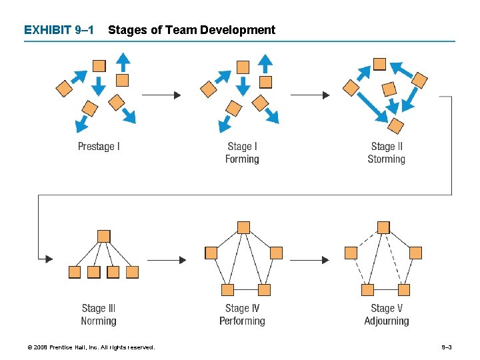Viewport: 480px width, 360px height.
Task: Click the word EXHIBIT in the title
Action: (x=47, y=30)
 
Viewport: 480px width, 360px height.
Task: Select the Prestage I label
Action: (x=99, y=147)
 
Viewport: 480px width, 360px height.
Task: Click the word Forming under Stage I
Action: (x=242, y=159)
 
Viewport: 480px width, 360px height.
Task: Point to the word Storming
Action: (x=386, y=159)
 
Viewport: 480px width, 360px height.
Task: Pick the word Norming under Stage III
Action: (x=99, y=321)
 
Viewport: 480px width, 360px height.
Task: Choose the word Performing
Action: (x=242, y=321)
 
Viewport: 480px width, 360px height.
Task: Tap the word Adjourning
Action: (x=386, y=321)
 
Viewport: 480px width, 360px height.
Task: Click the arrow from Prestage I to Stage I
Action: (x=161, y=95)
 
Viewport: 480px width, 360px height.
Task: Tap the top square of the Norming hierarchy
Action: (x=103, y=236)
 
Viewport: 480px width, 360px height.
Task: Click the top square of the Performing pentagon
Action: (x=244, y=227)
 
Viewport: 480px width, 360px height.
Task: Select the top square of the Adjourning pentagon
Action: (x=383, y=227)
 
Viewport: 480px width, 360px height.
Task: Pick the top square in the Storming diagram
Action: (x=379, y=64)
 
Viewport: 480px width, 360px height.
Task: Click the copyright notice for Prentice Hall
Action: (x=91, y=347)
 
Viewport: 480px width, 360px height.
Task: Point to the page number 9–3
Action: (x=447, y=347)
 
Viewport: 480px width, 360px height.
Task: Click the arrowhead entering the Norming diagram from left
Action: (x=49, y=259)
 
